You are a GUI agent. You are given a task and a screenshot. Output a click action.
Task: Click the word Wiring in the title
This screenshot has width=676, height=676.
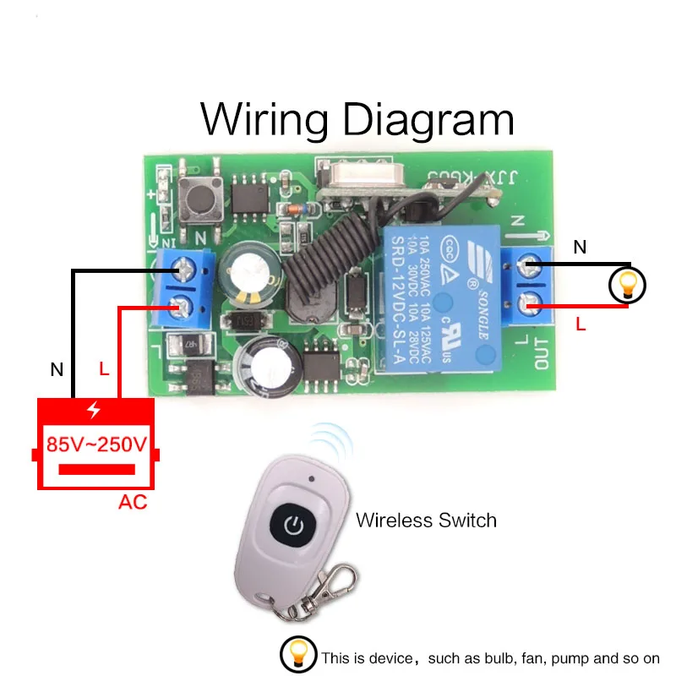point(264,119)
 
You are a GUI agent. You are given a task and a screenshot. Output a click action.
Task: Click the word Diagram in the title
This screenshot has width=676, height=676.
point(428,119)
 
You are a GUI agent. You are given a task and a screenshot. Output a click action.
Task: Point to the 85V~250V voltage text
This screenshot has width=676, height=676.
point(96,444)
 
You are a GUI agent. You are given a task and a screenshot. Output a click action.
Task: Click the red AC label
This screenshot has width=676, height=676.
point(133,503)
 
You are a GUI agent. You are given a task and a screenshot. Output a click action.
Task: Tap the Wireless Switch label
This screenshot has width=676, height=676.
point(426,520)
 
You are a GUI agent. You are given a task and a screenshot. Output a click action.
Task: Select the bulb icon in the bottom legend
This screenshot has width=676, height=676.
point(298,656)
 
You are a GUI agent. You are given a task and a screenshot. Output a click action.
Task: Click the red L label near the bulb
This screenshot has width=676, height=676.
point(581,324)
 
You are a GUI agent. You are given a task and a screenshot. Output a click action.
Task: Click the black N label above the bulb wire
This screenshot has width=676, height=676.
point(580,248)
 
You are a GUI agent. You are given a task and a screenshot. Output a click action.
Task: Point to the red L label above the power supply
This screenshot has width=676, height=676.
point(104,368)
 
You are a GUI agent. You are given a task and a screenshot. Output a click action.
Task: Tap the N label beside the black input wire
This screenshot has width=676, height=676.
point(57,369)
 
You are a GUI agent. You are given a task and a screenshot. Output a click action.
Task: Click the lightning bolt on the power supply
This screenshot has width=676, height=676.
point(94,410)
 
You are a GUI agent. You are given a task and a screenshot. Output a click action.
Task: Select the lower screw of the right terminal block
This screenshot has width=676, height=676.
point(532,299)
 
